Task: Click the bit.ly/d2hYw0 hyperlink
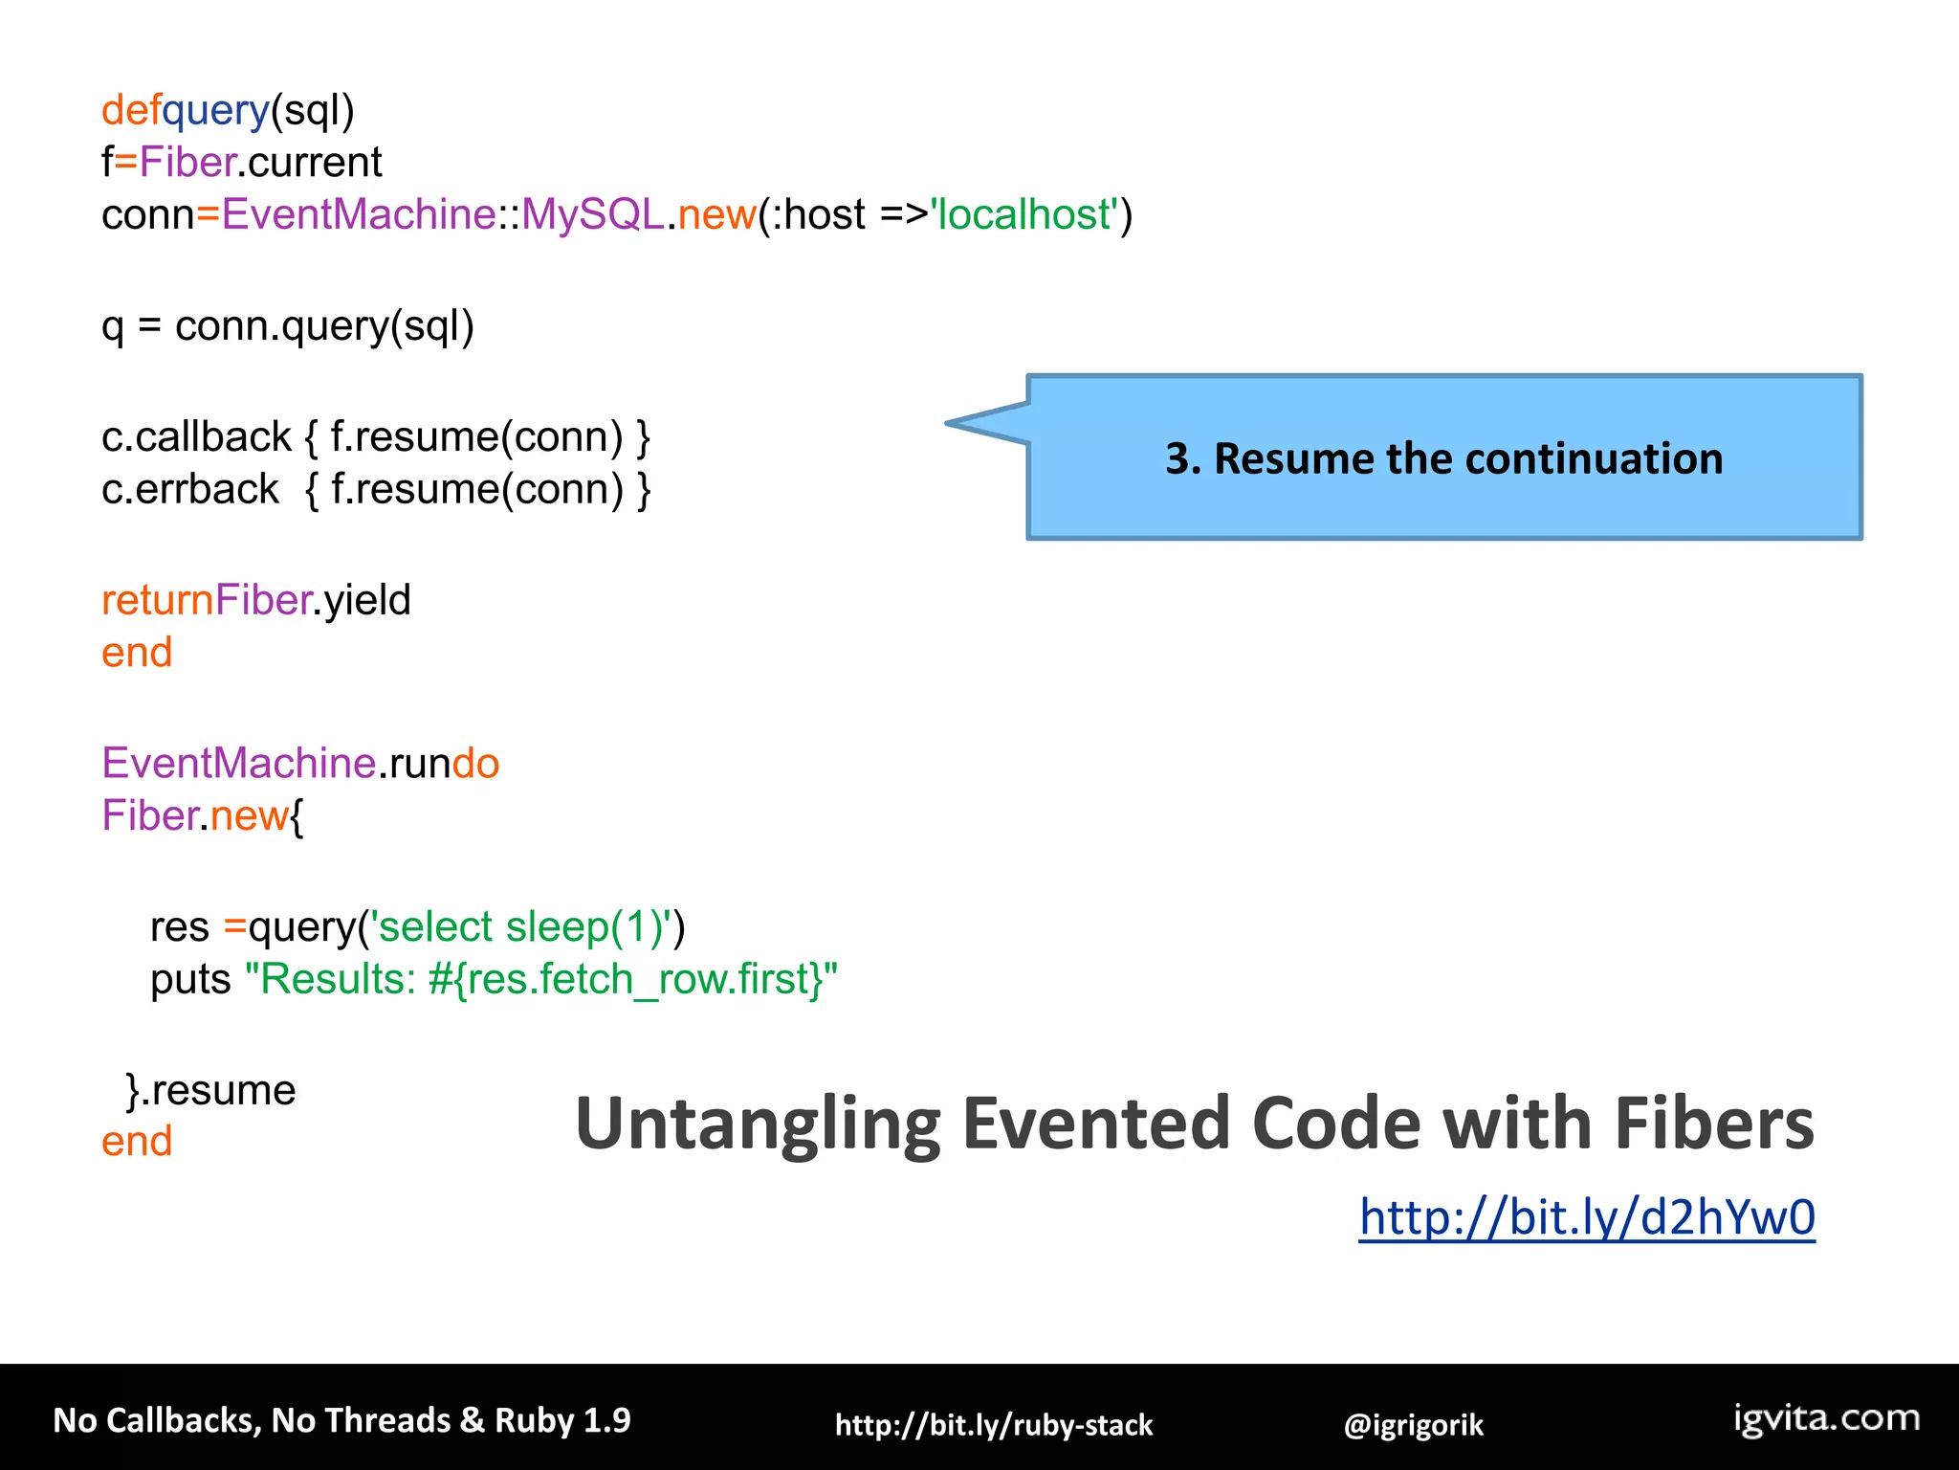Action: pos(1586,1217)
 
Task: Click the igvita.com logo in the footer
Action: pos(1826,1417)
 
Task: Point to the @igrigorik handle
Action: pos(1413,1425)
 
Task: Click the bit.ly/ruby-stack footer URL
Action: pos(993,1425)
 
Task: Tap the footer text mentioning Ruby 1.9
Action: pos(341,1420)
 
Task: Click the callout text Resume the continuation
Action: pos(1443,458)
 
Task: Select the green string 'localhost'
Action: pos(1024,214)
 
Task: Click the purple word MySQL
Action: pos(592,214)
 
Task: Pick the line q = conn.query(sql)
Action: pos(287,326)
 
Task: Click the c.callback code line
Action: pos(375,437)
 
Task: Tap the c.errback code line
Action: pos(375,490)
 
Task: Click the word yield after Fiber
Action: pos(367,601)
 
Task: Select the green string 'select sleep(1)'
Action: pos(526,926)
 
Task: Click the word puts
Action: pos(190,980)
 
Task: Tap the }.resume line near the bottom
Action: pos(210,1090)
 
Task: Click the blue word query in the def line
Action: pos(216,111)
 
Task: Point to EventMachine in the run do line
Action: pos(238,764)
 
